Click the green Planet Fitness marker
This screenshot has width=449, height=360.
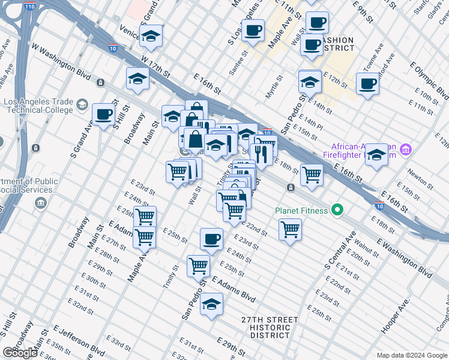click(337, 210)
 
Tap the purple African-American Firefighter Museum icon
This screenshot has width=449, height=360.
click(406, 149)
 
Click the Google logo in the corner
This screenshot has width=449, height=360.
click(20, 352)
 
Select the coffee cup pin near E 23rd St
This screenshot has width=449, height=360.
click(211, 239)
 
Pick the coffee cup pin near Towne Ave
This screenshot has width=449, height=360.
click(367, 84)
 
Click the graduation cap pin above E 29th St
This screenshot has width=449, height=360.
click(211, 304)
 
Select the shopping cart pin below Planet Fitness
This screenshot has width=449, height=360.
click(290, 229)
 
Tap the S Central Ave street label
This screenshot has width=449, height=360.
click(336, 248)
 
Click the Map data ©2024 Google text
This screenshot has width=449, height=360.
click(412, 355)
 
